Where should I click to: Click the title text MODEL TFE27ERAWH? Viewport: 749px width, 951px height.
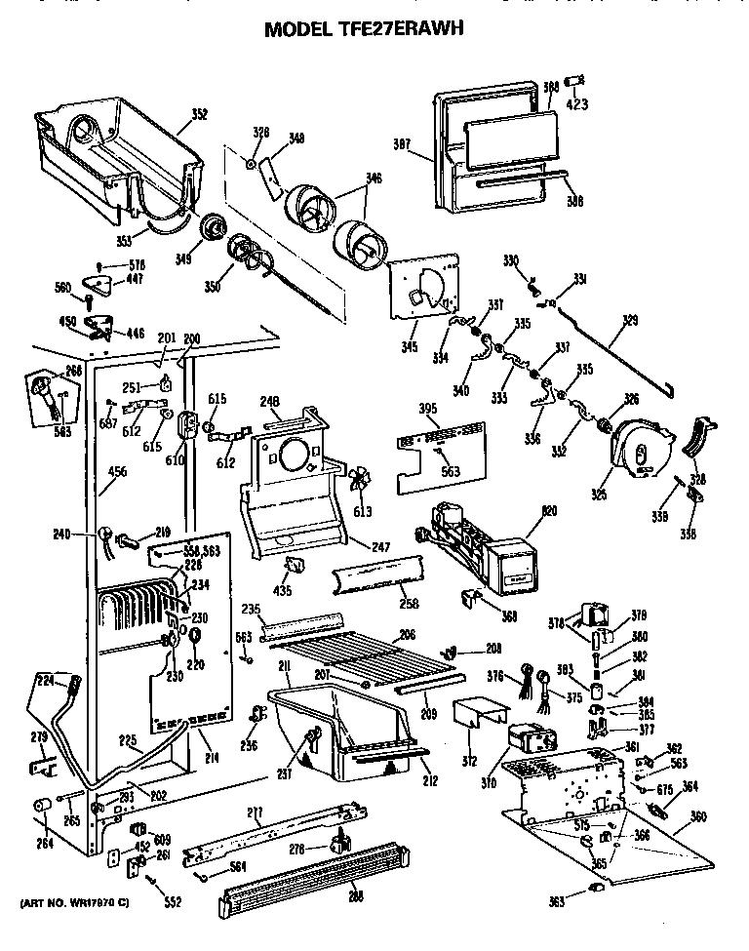364,29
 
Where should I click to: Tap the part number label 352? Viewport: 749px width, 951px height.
199,114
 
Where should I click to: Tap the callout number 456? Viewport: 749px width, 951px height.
116,472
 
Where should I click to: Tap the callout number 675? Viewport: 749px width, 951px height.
664,790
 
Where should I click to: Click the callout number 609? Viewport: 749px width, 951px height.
163,840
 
